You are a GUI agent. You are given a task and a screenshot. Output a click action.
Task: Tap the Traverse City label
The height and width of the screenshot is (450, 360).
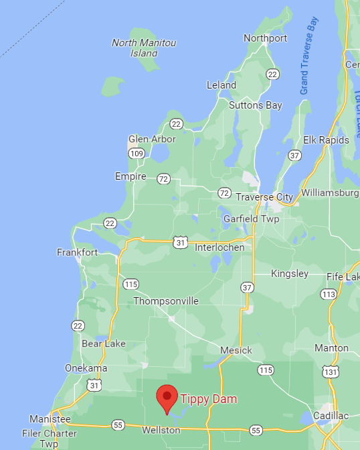coord(264,197)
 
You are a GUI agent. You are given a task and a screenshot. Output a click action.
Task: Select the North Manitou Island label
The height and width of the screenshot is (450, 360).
coord(144,48)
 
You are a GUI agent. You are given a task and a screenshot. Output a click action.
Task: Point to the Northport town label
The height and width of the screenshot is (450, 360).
coord(265,38)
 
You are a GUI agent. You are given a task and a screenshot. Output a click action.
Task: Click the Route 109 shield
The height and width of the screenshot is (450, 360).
coord(137,154)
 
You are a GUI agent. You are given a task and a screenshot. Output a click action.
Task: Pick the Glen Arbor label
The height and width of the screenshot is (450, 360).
coord(152,139)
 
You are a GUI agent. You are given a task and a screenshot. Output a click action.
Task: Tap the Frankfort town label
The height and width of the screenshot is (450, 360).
coord(77,253)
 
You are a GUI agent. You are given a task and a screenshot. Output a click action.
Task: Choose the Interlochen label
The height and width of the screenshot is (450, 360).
coord(219,247)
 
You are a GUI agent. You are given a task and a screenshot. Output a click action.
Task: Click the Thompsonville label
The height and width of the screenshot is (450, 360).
coord(166,301)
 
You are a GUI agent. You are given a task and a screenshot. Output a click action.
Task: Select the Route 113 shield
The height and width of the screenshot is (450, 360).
coord(328,294)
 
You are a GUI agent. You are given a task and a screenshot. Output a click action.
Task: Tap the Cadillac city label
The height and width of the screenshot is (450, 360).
coord(330,416)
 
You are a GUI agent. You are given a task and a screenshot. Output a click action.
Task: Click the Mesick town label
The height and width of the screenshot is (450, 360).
coord(236,350)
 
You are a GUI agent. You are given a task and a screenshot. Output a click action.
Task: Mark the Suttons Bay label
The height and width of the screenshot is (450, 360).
coord(256,105)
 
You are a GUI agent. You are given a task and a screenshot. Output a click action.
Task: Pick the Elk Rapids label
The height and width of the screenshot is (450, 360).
coord(326,140)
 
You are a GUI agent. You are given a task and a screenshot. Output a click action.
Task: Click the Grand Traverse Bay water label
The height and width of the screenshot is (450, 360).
coord(308,55)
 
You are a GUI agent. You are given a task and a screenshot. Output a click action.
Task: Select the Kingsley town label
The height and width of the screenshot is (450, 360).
coord(290,274)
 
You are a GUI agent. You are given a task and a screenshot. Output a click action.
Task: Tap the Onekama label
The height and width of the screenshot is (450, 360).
coord(86,368)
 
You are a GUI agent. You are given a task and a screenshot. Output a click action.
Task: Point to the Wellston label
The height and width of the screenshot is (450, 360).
coord(161,429)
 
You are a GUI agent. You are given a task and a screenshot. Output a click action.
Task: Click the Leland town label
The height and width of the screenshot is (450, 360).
coord(221,85)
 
